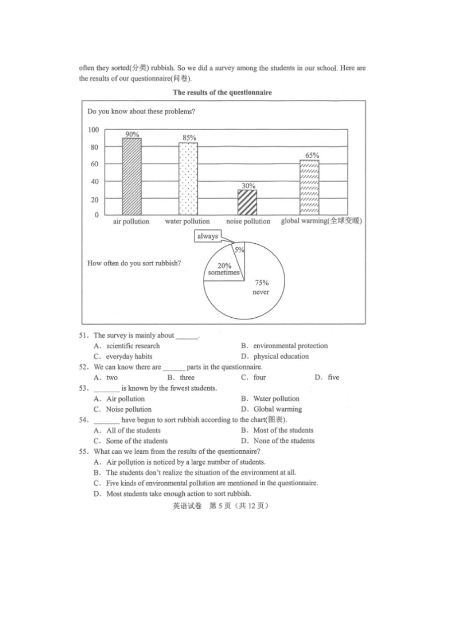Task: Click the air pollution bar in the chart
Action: pyautogui.click(x=132, y=176)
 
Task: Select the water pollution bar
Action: pyautogui.click(x=188, y=179)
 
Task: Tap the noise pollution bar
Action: pyautogui.click(x=247, y=202)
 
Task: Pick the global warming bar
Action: pyautogui.click(x=309, y=187)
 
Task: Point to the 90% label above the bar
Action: pyautogui.click(x=132, y=135)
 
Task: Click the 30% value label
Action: pyautogui.click(x=248, y=186)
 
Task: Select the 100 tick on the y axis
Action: pyautogui.click(x=93, y=130)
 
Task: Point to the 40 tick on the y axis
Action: pyautogui.click(x=94, y=182)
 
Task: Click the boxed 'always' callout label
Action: pyautogui.click(x=208, y=236)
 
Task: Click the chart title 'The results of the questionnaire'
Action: pyautogui.click(x=222, y=92)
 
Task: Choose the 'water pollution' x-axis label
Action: pyautogui.click(x=187, y=221)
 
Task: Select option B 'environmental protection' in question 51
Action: pyautogui.click(x=290, y=346)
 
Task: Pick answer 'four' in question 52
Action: pyautogui.click(x=259, y=377)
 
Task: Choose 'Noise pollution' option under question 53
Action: pyautogui.click(x=129, y=409)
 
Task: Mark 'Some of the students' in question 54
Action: pyautogui.click(x=137, y=441)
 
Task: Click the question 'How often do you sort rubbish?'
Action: pyautogui.click(x=134, y=263)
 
